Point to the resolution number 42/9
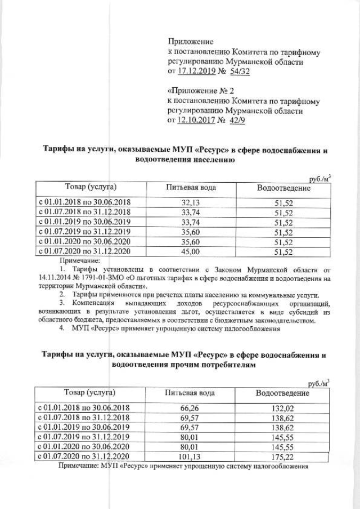tap(238, 120)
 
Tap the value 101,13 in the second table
tap(190, 456)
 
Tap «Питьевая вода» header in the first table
tap(191, 187)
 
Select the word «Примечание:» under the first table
tap(79, 261)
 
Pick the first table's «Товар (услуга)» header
tap(91, 186)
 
